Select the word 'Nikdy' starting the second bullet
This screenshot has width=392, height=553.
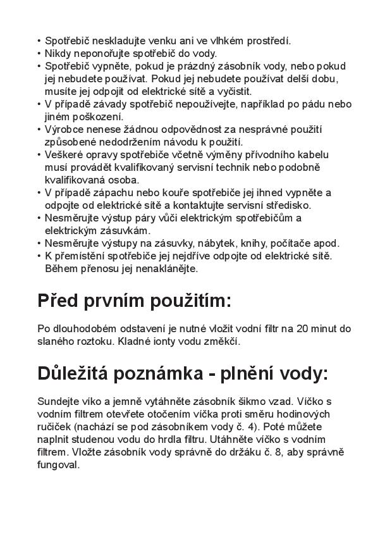click(x=58, y=53)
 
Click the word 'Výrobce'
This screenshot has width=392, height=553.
click(x=63, y=129)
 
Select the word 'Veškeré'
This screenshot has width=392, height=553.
click(x=63, y=154)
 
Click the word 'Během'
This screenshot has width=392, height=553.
click(x=60, y=268)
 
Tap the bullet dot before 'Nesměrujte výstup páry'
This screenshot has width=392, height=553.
click(x=40, y=218)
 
